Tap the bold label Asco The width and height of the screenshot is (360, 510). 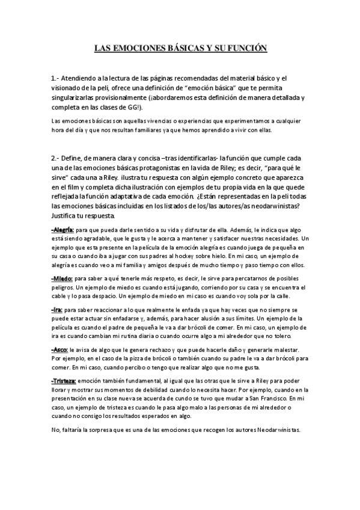click(x=61, y=349)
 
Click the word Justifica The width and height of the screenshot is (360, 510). click(x=68, y=215)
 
